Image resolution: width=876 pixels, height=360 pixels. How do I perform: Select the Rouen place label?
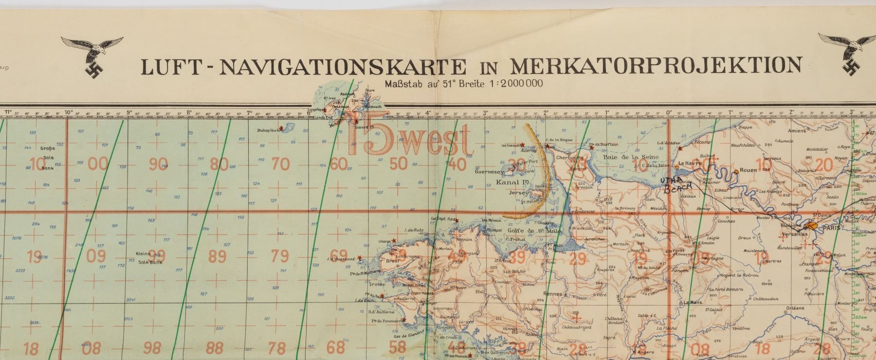click(x=748, y=170)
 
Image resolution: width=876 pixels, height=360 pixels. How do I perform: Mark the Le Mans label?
click(x=693, y=302)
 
